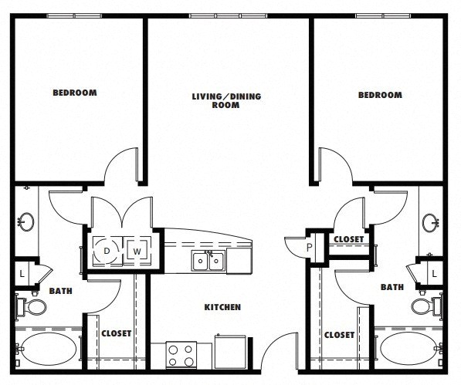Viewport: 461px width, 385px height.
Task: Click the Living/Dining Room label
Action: click(x=226, y=101)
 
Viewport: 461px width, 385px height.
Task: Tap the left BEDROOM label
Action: click(x=75, y=93)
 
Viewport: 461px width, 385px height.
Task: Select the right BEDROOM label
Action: click(x=380, y=95)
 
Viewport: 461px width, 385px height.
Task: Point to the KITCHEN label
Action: click(x=222, y=307)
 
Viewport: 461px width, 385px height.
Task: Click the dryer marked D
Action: click(x=107, y=251)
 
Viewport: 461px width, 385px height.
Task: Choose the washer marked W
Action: click(x=137, y=251)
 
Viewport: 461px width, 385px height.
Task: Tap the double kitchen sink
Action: click(x=208, y=261)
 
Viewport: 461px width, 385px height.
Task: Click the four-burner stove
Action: click(x=181, y=355)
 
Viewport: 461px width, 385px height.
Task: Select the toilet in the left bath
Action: click(x=31, y=306)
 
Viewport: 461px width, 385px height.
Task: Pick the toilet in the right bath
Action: click(x=427, y=306)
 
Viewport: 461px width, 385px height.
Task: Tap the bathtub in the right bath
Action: click(x=408, y=348)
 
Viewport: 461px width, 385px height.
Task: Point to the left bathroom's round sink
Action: click(x=26, y=221)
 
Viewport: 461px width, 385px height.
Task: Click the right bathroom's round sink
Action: click(x=430, y=223)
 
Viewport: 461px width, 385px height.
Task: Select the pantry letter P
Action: click(x=309, y=247)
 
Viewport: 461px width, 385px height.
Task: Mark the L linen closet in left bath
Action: click(x=22, y=274)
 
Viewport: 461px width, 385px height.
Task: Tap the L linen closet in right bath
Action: click(x=434, y=274)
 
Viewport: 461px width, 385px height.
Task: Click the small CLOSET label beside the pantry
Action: click(x=349, y=239)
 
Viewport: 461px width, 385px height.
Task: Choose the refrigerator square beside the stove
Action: click(x=230, y=352)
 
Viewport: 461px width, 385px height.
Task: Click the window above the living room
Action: click(x=228, y=15)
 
